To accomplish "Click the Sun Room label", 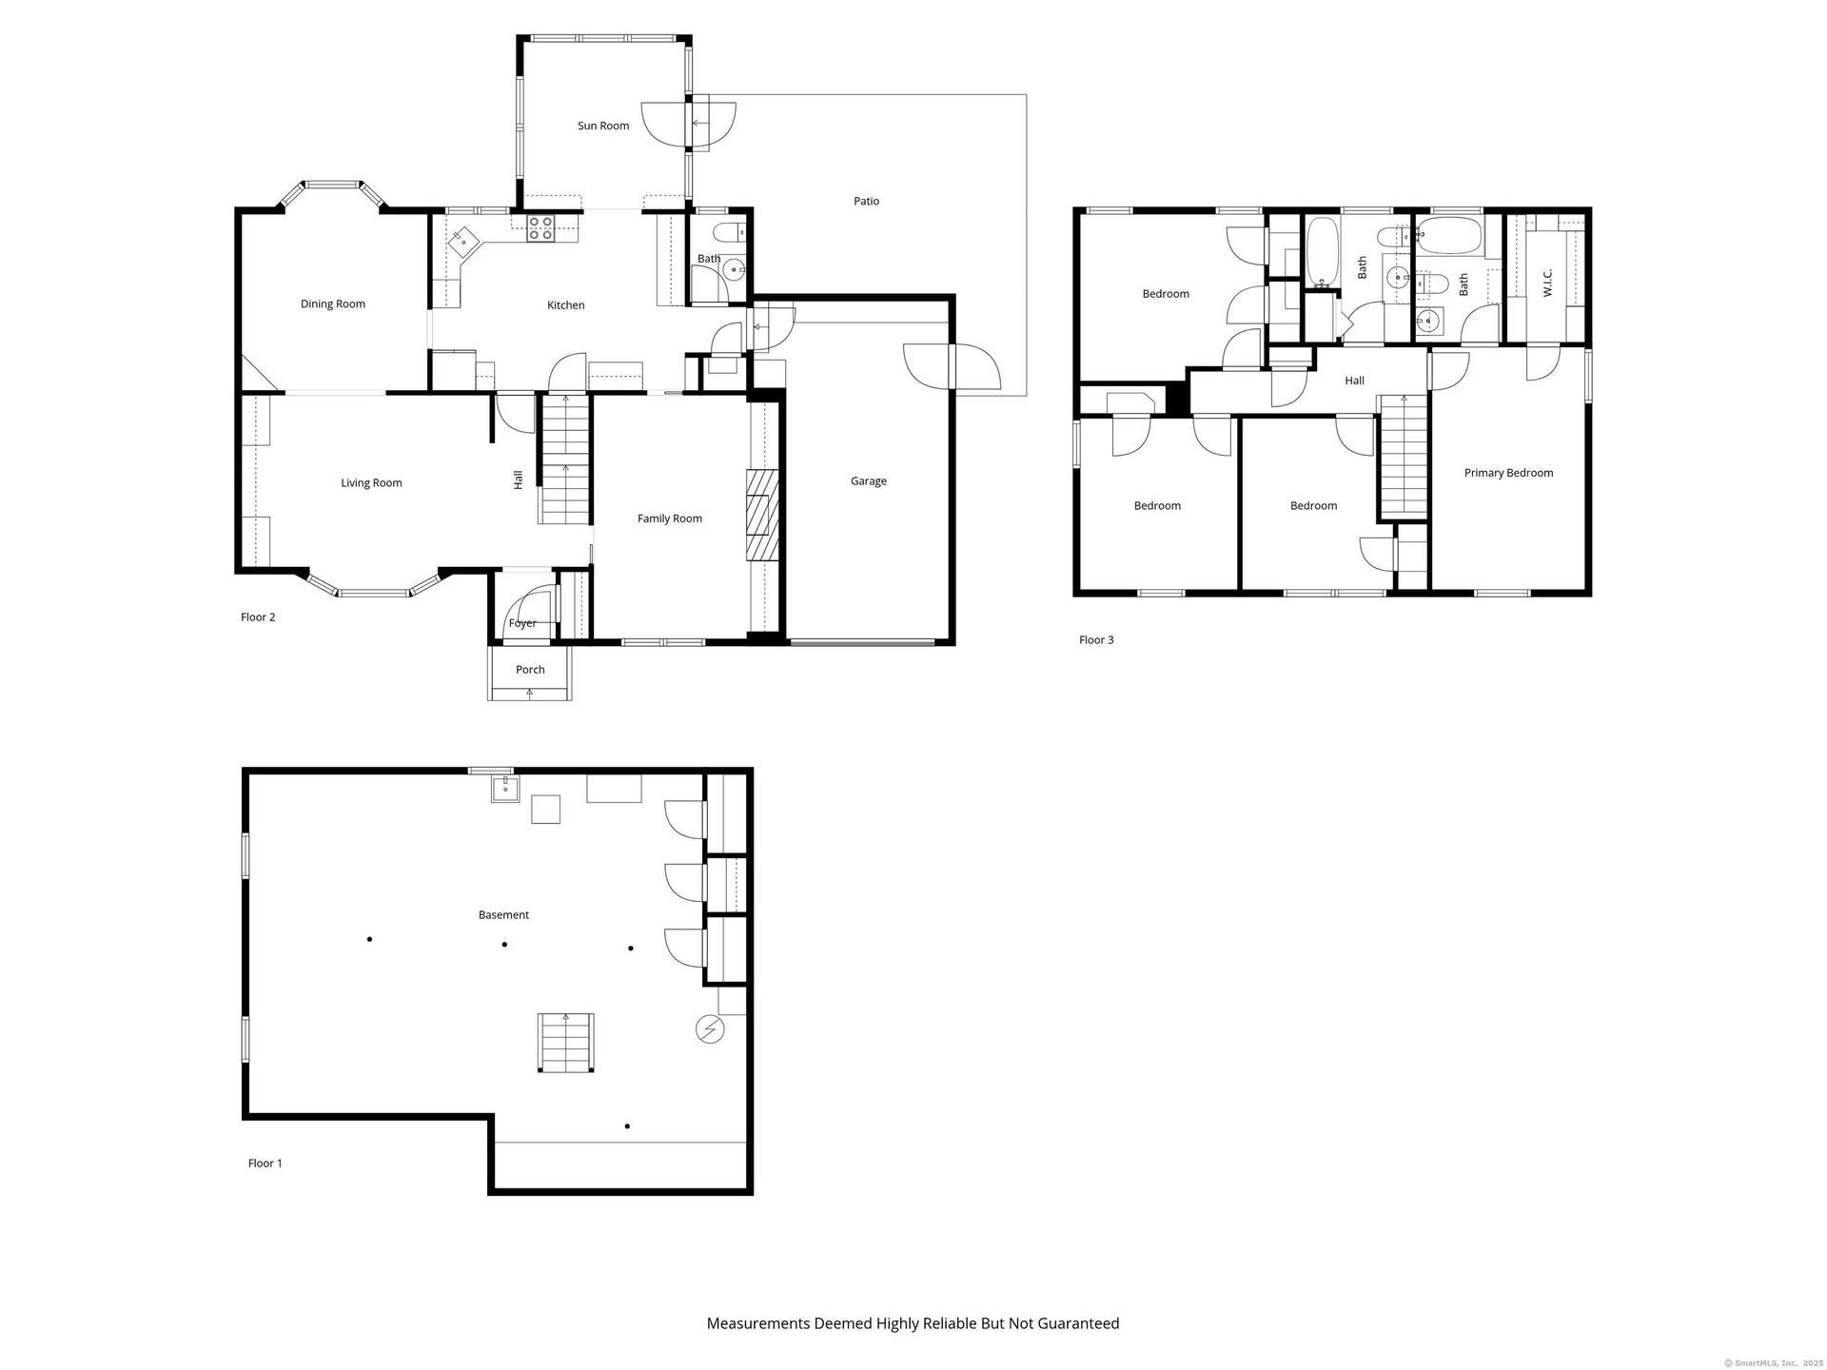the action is coord(603,126).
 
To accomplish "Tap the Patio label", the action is coord(866,201).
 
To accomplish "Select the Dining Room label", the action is coord(333,304).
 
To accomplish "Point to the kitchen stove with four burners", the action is coord(540,228).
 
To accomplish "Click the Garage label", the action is coord(869,481).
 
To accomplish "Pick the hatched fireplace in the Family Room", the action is coord(762,514).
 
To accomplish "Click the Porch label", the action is coord(530,670).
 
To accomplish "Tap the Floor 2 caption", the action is coord(258,617).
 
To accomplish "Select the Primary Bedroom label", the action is coord(1508,473).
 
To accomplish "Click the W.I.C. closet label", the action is coord(1547,283).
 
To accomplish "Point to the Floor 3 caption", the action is coord(1096,640).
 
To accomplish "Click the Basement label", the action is coord(503,915).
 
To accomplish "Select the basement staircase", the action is coord(566,1044).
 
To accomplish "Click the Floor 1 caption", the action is coord(265,1164).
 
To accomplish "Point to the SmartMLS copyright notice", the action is coord(1774,1363).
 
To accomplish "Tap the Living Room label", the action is coord(371,483).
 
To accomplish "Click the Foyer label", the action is coord(522,623).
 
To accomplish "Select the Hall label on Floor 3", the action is coord(1354,381).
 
